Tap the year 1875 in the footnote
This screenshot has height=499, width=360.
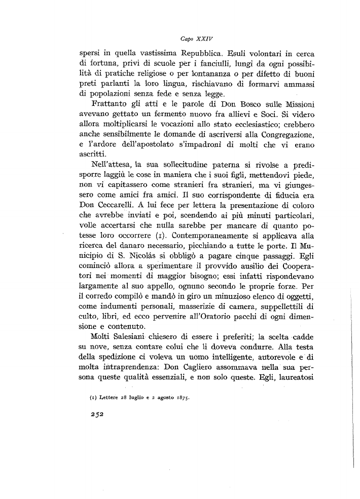[180, 398]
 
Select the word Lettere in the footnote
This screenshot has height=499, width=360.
[103, 398]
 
